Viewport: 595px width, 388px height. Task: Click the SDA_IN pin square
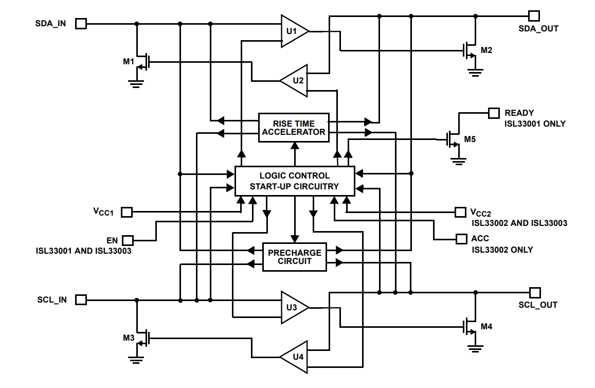pyautogui.click(x=81, y=23)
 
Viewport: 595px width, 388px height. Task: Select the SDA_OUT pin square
pyautogui.click(x=535, y=16)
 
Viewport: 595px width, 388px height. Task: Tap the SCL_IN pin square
pyautogui.click(x=81, y=299)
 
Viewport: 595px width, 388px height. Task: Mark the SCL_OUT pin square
pyautogui.click(x=535, y=292)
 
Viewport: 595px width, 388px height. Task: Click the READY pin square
pyautogui.click(x=494, y=113)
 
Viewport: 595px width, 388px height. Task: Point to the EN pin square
pyautogui.click(x=128, y=240)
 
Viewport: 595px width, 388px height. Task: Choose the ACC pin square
pyautogui.click(x=461, y=239)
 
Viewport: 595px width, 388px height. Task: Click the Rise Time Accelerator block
pyautogui.click(x=294, y=128)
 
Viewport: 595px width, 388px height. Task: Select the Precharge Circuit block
pyautogui.click(x=294, y=257)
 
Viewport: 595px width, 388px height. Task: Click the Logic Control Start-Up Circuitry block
pyautogui.click(x=294, y=181)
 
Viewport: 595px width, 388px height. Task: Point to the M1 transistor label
pyautogui.click(x=129, y=62)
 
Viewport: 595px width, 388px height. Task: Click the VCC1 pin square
pyautogui.click(x=127, y=211)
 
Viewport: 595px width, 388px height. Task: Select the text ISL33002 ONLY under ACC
pyautogui.click(x=502, y=250)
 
